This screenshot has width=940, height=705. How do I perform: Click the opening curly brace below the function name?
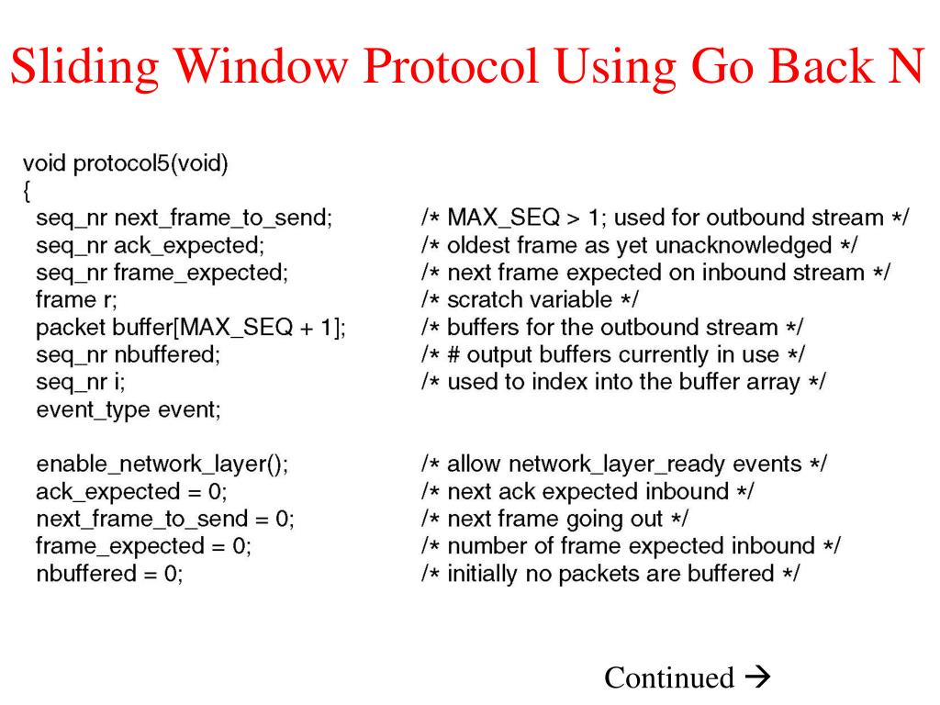click(27, 191)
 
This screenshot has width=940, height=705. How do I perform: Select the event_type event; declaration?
click(129, 409)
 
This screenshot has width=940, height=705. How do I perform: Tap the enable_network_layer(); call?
click(162, 464)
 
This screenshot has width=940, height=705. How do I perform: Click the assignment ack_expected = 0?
click(131, 492)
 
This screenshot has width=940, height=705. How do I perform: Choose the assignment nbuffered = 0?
click(109, 574)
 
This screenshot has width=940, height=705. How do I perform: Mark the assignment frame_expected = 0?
click(144, 546)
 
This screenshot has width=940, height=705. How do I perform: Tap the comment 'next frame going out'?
click(554, 519)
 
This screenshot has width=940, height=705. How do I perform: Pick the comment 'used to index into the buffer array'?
click(623, 382)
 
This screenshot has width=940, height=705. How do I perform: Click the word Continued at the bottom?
click(669, 677)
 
